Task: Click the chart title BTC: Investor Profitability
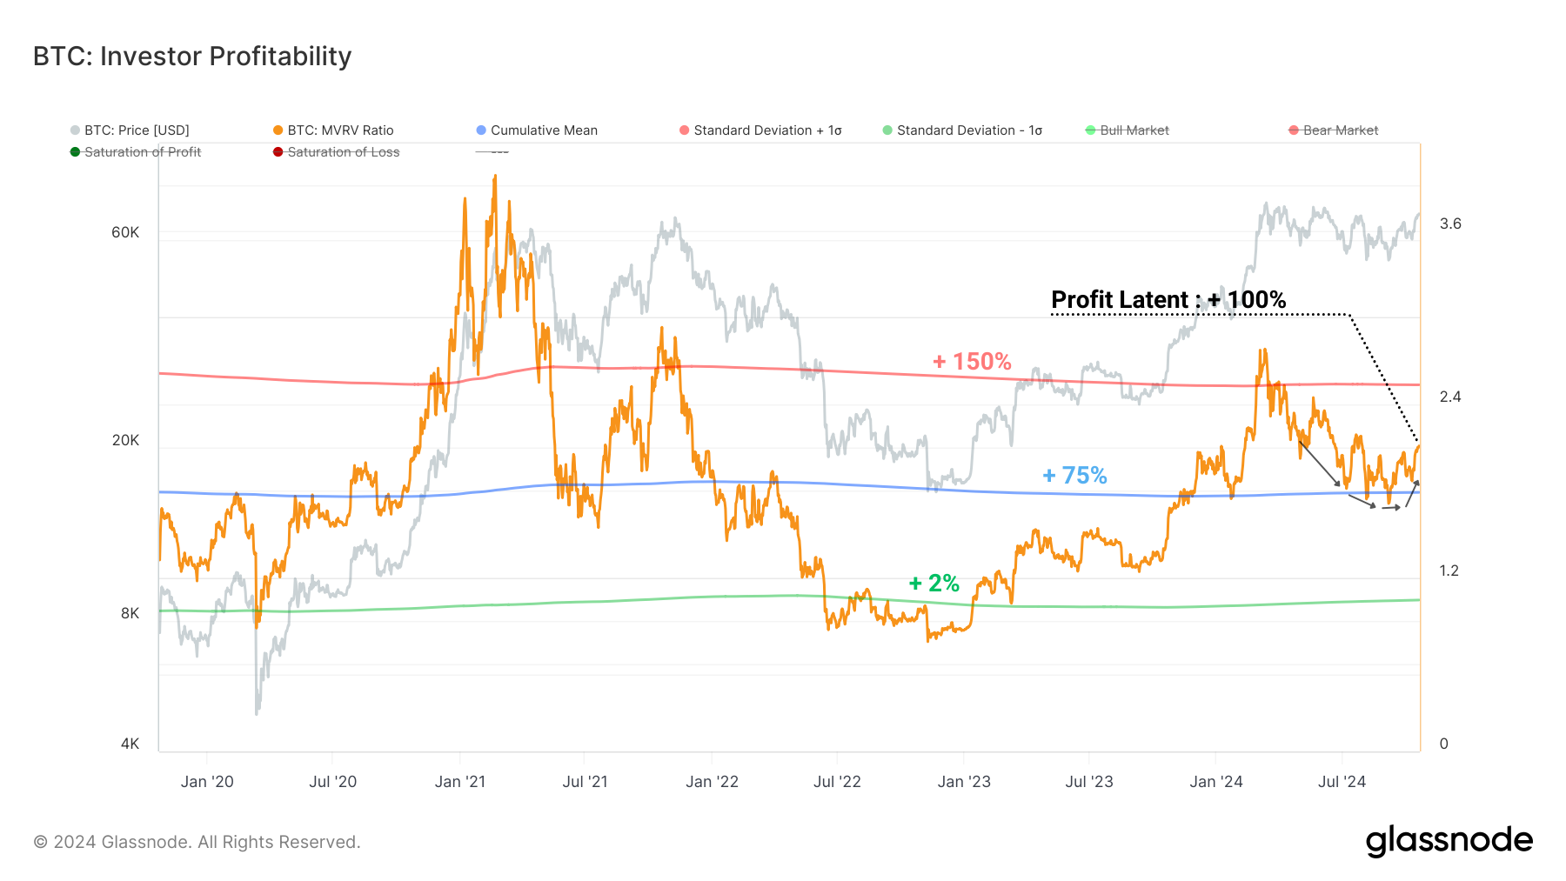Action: coord(192,57)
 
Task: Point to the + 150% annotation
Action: coord(972,362)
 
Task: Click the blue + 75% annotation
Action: coord(1074,476)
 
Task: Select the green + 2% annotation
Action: coord(934,583)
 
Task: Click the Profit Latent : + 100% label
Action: coord(1168,300)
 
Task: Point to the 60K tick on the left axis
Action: coord(125,232)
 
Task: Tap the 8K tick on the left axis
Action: coord(130,613)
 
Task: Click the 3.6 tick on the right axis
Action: coord(1450,224)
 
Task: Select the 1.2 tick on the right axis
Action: coord(1449,571)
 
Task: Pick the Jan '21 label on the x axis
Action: coord(460,782)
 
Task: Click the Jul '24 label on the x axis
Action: coord(1342,782)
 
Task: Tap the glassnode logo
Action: coord(1449,841)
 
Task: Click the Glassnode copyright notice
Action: coord(197,842)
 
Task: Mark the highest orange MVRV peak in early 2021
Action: coord(495,177)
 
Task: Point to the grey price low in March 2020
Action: coord(257,713)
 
